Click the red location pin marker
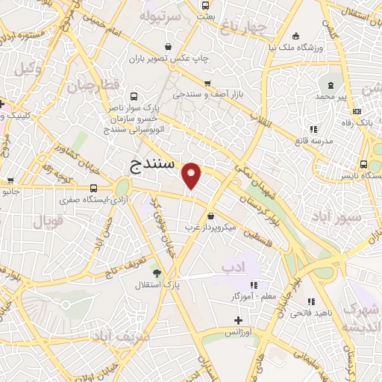coord(192,175)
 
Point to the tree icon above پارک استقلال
coord(156,272)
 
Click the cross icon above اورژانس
coord(237,320)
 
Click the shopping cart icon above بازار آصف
coord(207,84)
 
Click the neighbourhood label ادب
coord(232,266)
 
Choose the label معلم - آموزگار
coord(253,296)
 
